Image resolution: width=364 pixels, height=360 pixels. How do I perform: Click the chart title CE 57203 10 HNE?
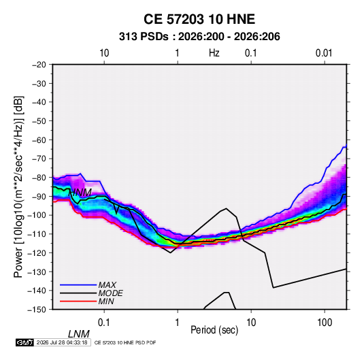(199, 19)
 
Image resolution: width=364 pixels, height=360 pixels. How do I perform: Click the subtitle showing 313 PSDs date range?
(199, 37)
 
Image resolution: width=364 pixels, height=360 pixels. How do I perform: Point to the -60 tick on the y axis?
(39, 140)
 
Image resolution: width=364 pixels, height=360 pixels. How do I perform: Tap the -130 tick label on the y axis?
(37, 272)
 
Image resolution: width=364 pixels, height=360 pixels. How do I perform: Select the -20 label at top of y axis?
(39, 65)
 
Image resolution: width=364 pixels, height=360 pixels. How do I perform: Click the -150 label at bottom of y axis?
(37, 310)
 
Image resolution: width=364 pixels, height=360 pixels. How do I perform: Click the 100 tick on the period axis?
(325, 323)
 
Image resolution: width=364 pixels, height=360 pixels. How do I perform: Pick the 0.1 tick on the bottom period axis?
(104, 323)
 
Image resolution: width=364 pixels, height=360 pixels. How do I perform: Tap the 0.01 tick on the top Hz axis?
(324, 53)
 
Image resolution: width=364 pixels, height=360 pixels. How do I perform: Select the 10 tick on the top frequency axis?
(104, 53)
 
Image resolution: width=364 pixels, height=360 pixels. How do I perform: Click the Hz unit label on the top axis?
(214, 53)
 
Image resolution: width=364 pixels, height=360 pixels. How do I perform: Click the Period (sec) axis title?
(214, 330)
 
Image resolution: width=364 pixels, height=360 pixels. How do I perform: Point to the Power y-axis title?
(18, 187)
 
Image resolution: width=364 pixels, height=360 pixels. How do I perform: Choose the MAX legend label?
(107, 284)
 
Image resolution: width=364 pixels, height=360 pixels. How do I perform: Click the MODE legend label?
(110, 293)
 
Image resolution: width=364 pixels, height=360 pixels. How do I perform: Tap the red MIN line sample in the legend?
(78, 301)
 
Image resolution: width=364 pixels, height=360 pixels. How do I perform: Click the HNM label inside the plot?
(80, 193)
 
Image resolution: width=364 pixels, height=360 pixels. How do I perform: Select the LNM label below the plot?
(79, 334)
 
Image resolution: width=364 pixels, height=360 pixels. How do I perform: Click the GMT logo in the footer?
(25, 342)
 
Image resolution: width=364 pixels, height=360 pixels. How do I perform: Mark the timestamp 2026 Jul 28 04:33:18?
(62, 342)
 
